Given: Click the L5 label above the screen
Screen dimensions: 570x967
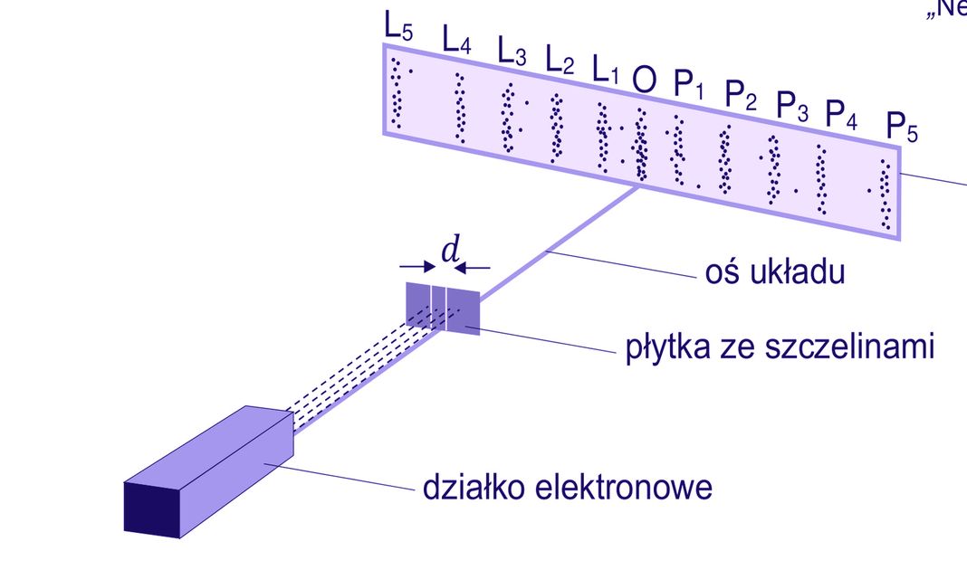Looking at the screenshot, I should pyautogui.click(x=398, y=28).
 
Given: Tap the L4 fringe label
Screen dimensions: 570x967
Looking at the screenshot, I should pyautogui.click(x=456, y=41).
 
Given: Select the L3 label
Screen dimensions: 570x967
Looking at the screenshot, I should pyautogui.click(x=512, y=53).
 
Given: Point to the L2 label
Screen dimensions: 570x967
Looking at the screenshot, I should pyautogui.click(x=560, y=62).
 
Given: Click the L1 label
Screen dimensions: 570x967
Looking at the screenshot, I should pyautogui.click(x=606, y=71).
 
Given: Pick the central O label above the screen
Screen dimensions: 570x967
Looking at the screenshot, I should pyautogui.click(x=644, y=81).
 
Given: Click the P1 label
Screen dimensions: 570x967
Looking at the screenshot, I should pyautogui.click(x=688, y=85).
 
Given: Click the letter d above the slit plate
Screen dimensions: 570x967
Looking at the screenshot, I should pyautogui.click(x=449, y=251).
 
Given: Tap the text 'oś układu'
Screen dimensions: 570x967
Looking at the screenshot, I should pyautogui.click(x=774, y=272).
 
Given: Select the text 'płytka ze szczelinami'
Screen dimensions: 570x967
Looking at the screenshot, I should pyautogui.click(x=779, y=347).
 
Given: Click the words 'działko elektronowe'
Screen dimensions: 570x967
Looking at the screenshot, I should pyautogui.click(x=568, y=489).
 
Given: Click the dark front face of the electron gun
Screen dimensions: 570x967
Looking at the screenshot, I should pyautogui.click(x=151, y=508).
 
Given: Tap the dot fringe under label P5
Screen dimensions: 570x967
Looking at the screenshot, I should pyautogui.click(x=885, y=195).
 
